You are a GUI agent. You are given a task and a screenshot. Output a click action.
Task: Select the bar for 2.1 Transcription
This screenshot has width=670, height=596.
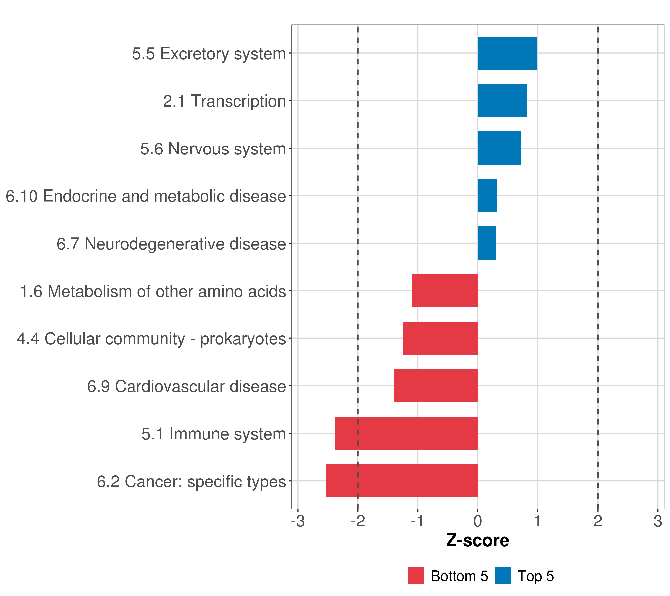click(502, 101)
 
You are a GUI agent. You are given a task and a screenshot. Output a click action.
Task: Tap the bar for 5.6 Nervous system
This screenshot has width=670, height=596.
click(500, 148)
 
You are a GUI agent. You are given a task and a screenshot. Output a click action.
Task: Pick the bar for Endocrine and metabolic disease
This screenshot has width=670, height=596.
click(487, 196)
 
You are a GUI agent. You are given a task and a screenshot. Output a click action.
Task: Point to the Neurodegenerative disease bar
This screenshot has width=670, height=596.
click(487, 243)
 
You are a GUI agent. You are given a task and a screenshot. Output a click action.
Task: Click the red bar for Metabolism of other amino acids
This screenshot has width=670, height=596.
click(445, 291)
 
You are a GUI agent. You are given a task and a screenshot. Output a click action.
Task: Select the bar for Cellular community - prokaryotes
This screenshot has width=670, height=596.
click(440, 338)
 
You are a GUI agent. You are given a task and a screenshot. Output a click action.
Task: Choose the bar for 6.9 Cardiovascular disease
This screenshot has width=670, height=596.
click(436, 386)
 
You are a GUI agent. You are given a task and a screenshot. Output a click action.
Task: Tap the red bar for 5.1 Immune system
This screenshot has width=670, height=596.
click(406, 433)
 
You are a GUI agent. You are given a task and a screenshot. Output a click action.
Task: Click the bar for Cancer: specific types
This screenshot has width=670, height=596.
click(402, 481)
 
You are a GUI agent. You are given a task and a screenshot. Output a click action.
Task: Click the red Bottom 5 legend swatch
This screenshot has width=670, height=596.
click(416, 576)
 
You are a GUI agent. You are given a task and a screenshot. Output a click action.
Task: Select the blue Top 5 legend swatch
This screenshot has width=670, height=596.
click(503, 576)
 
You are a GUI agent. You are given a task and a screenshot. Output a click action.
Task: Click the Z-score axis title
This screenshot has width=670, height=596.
click(478, 540)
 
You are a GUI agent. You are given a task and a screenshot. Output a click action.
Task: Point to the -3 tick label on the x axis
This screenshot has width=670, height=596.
click(298, 521)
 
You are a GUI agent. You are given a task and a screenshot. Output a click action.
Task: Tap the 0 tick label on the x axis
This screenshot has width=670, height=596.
click(478, 521)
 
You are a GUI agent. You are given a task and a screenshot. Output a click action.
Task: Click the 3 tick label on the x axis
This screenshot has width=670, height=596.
click(658, 521)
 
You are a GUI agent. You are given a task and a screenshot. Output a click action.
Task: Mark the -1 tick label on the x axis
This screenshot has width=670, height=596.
click(418, 521)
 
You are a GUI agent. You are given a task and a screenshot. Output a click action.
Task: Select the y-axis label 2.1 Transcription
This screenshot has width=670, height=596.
click(225, 101)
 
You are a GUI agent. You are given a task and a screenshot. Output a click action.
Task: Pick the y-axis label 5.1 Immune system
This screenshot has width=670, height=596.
click(214, 434)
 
